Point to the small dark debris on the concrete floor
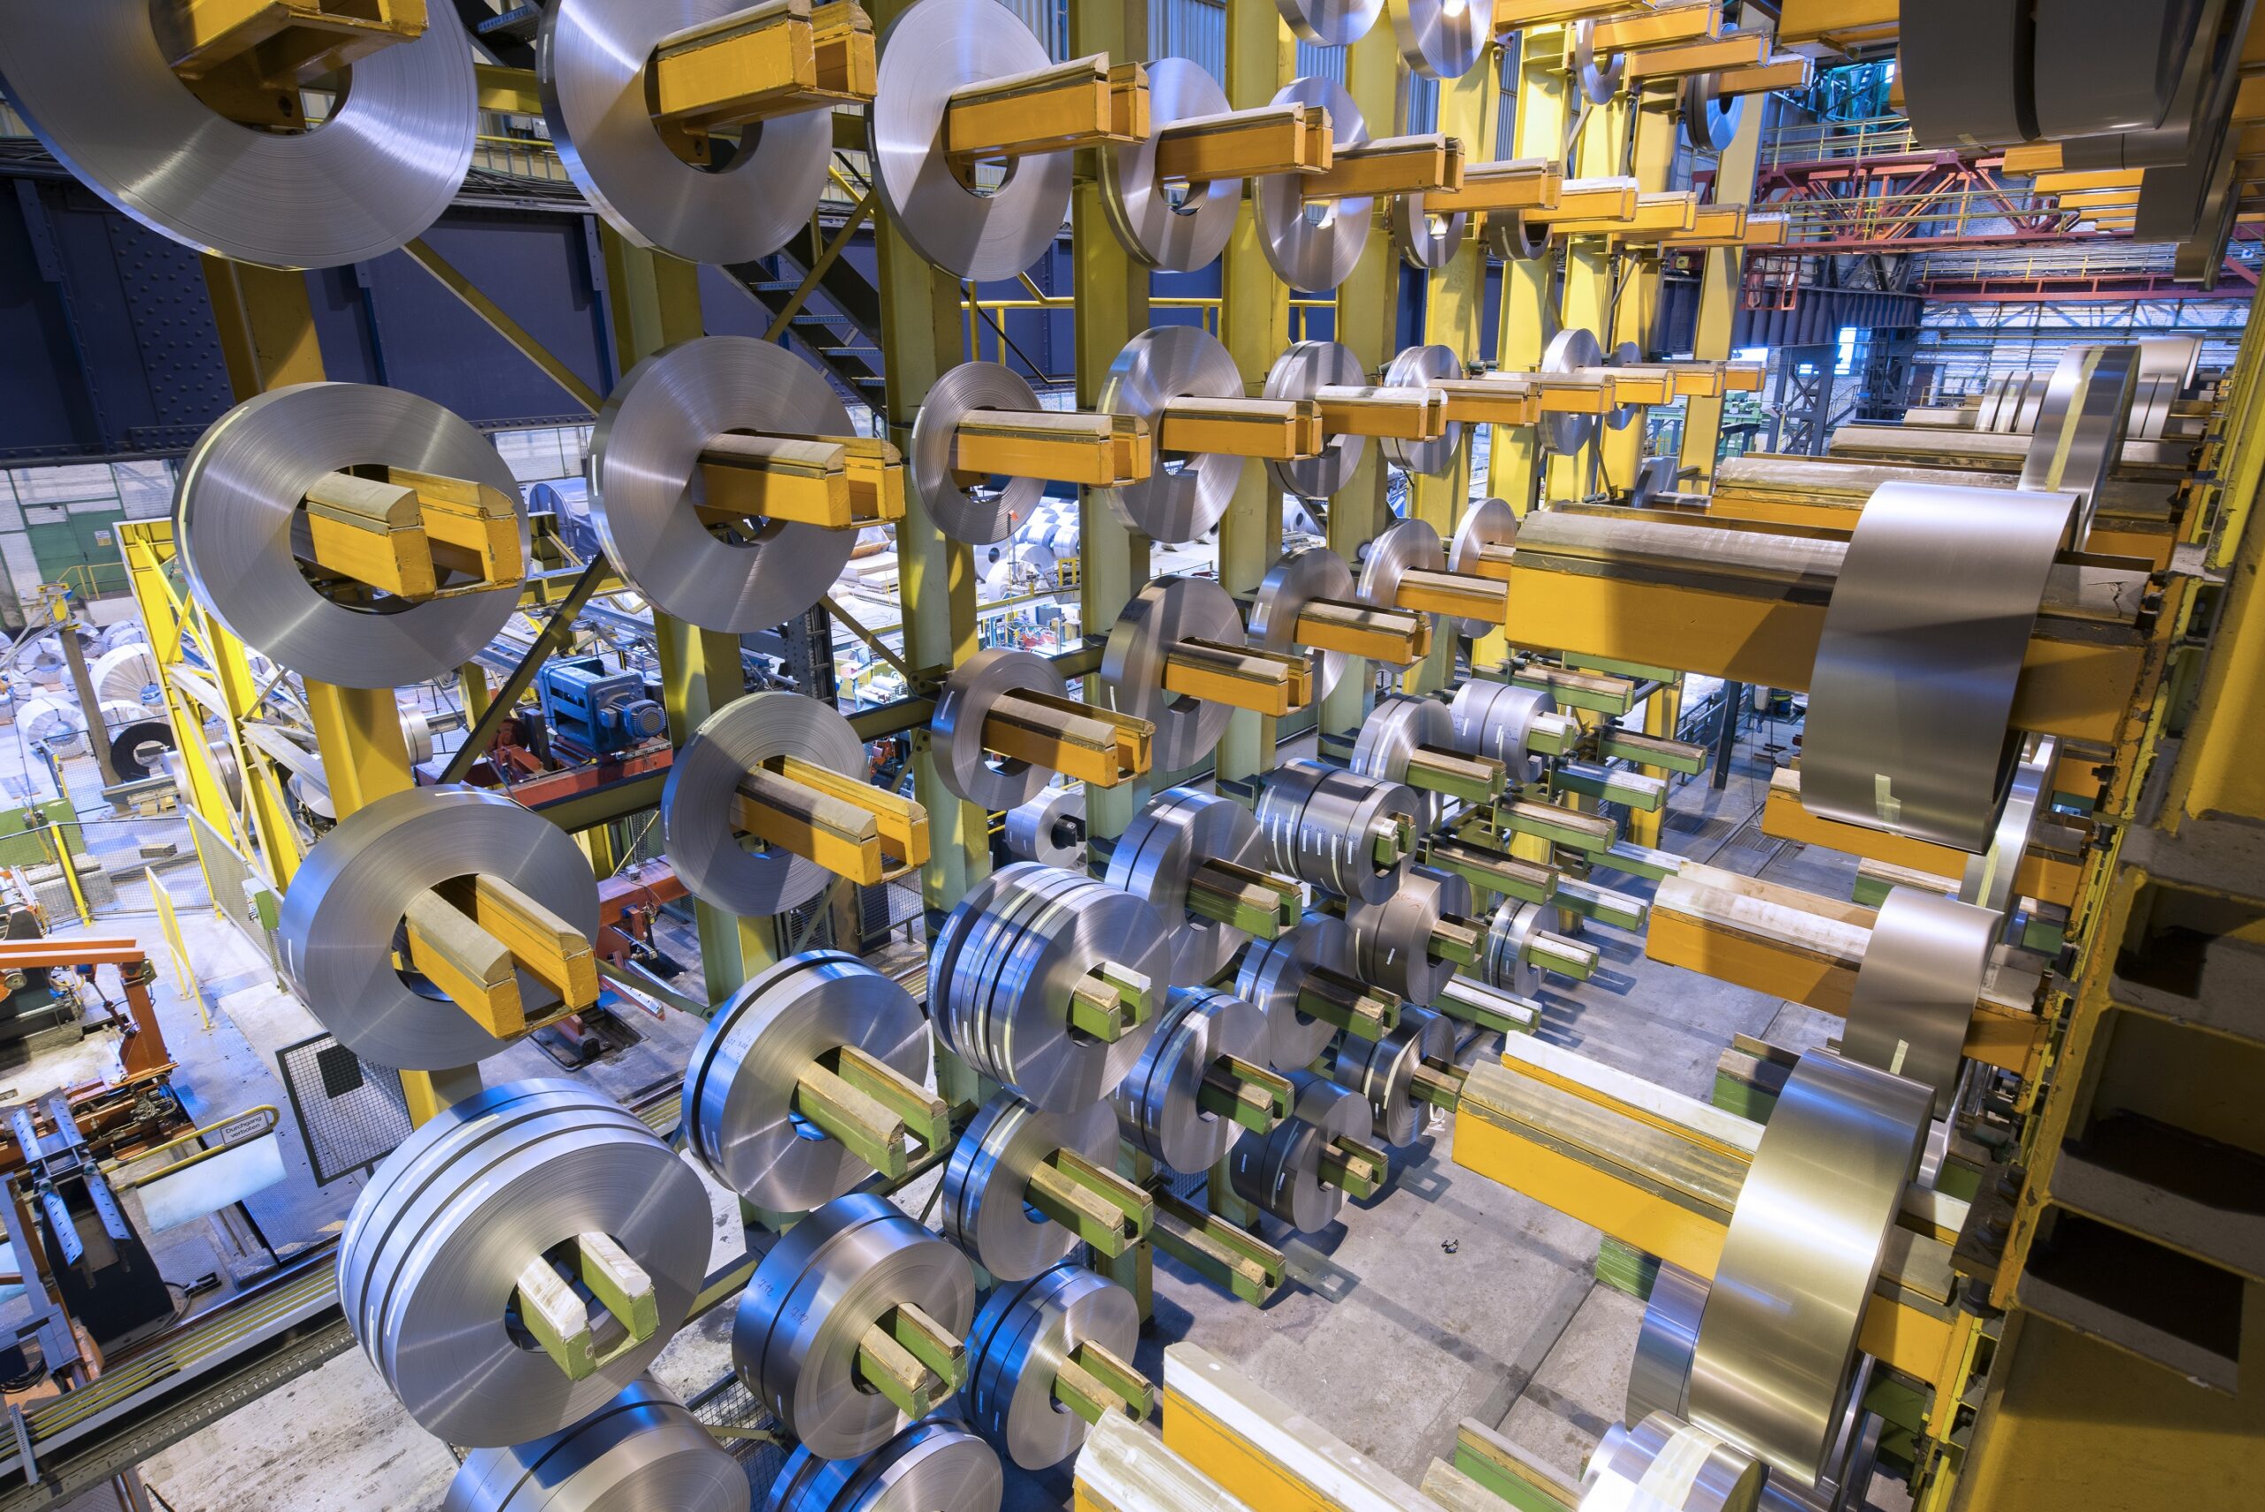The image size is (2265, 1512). tap(1449, 1245)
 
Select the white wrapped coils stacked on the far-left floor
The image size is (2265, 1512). tap(48, 714)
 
